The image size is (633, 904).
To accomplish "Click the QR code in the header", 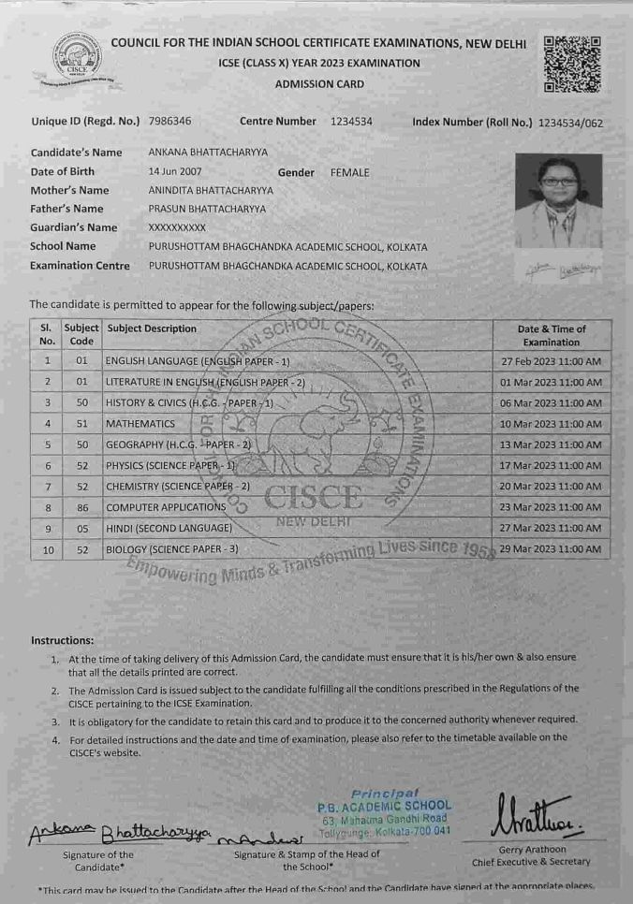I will [571, 64].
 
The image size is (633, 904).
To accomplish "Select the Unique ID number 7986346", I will [169, 122].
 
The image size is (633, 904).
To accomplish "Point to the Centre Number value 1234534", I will [351, 122].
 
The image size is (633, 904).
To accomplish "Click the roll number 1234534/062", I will [570, 123].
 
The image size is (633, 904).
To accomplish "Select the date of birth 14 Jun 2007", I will [175, 172].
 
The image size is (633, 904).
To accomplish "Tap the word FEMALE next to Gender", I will [349, 172].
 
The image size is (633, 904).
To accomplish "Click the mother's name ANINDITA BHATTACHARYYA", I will [211, 190].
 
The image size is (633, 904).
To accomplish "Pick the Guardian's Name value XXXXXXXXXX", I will [177, 227].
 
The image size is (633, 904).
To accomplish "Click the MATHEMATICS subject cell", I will [140, 423].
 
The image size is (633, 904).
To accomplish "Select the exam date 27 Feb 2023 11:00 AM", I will [552, 361].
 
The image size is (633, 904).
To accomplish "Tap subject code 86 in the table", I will [81, 507].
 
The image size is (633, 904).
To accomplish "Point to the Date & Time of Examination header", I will [552, 335].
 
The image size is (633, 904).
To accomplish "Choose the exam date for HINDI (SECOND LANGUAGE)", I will [552, 528].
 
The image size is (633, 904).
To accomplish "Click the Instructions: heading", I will [62, 640].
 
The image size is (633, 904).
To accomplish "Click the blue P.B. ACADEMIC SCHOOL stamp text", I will [385, 806].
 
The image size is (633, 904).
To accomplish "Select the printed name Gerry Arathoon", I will [531, 850].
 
